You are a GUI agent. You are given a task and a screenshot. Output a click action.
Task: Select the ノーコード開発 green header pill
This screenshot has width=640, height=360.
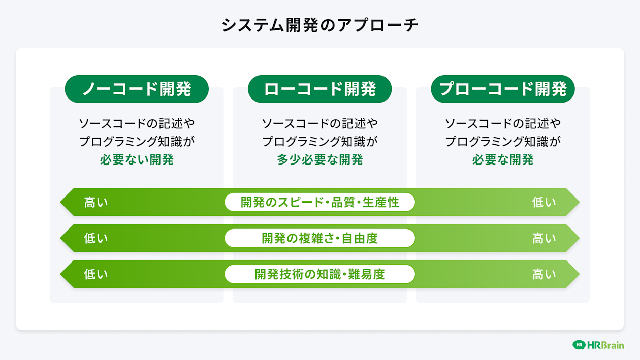(x=137, y=89)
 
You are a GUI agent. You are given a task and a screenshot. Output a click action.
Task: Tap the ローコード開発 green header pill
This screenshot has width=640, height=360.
(x=320, y=89)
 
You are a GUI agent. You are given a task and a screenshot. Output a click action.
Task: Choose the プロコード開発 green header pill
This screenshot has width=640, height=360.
(x=503, y=89)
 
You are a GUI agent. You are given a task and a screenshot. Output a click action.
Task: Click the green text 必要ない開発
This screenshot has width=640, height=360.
(x=137, y=160)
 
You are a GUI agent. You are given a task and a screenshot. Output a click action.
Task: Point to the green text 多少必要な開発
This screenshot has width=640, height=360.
(x=320, y=160)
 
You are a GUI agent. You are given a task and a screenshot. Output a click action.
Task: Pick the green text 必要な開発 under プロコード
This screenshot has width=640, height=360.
(x=503, y=160)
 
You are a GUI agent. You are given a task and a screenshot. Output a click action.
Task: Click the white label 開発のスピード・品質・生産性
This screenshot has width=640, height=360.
(x=320, y=202)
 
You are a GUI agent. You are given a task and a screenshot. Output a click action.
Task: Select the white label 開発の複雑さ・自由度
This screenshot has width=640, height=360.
(x=320, y=238)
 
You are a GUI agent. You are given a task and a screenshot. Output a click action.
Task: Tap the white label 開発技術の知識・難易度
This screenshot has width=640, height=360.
(x=320, y=274)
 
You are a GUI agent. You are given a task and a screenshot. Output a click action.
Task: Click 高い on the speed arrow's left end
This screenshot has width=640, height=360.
(x=96, y=202)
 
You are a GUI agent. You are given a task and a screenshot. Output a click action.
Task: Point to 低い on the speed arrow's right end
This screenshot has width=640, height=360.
(x=544, y=202)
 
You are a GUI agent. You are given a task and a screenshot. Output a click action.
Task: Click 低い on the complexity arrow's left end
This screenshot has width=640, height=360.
(x=96, y=238)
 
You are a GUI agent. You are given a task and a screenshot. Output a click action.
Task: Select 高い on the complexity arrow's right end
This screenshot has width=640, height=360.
(x=544, y=238)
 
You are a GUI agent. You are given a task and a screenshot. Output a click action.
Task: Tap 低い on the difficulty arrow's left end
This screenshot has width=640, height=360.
(x=96, y=274)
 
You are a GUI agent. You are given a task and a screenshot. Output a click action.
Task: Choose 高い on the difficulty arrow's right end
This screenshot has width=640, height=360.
(x=544, y=274)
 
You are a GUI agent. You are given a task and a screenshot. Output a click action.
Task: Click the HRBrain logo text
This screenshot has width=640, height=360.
(x=605, y=345)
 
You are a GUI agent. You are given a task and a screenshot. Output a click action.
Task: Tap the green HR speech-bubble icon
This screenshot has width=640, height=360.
(x=579, y=345)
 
